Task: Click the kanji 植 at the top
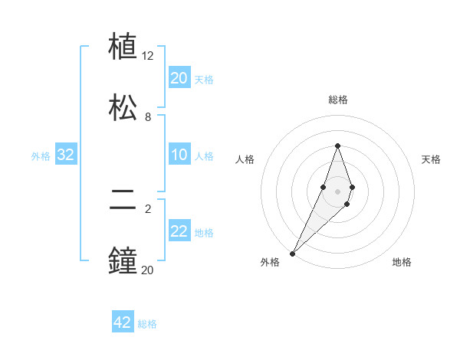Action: click(123, 47)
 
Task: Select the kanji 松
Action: click(123, 108)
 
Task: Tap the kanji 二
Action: click(123, 201)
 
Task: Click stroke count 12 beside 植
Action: click(148, 56)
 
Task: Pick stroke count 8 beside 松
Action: click(148, 117)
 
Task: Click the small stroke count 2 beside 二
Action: click(148, 208)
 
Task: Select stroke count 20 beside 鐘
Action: click(148, 270)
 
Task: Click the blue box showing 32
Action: click(66, 155)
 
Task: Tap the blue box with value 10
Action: click(179, 155)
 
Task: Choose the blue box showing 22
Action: click(179, 232)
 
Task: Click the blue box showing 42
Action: click(123, 322)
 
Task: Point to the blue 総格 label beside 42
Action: click(148, 324)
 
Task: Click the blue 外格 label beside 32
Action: click(41, 156)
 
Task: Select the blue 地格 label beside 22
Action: click(205, 233)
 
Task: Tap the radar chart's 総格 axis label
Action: click(337, 100)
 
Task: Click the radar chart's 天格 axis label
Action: click(432, 159)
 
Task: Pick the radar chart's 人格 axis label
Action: click(245, 159)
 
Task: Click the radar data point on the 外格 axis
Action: click(293, 253)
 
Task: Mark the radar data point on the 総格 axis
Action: click(337, 146)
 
